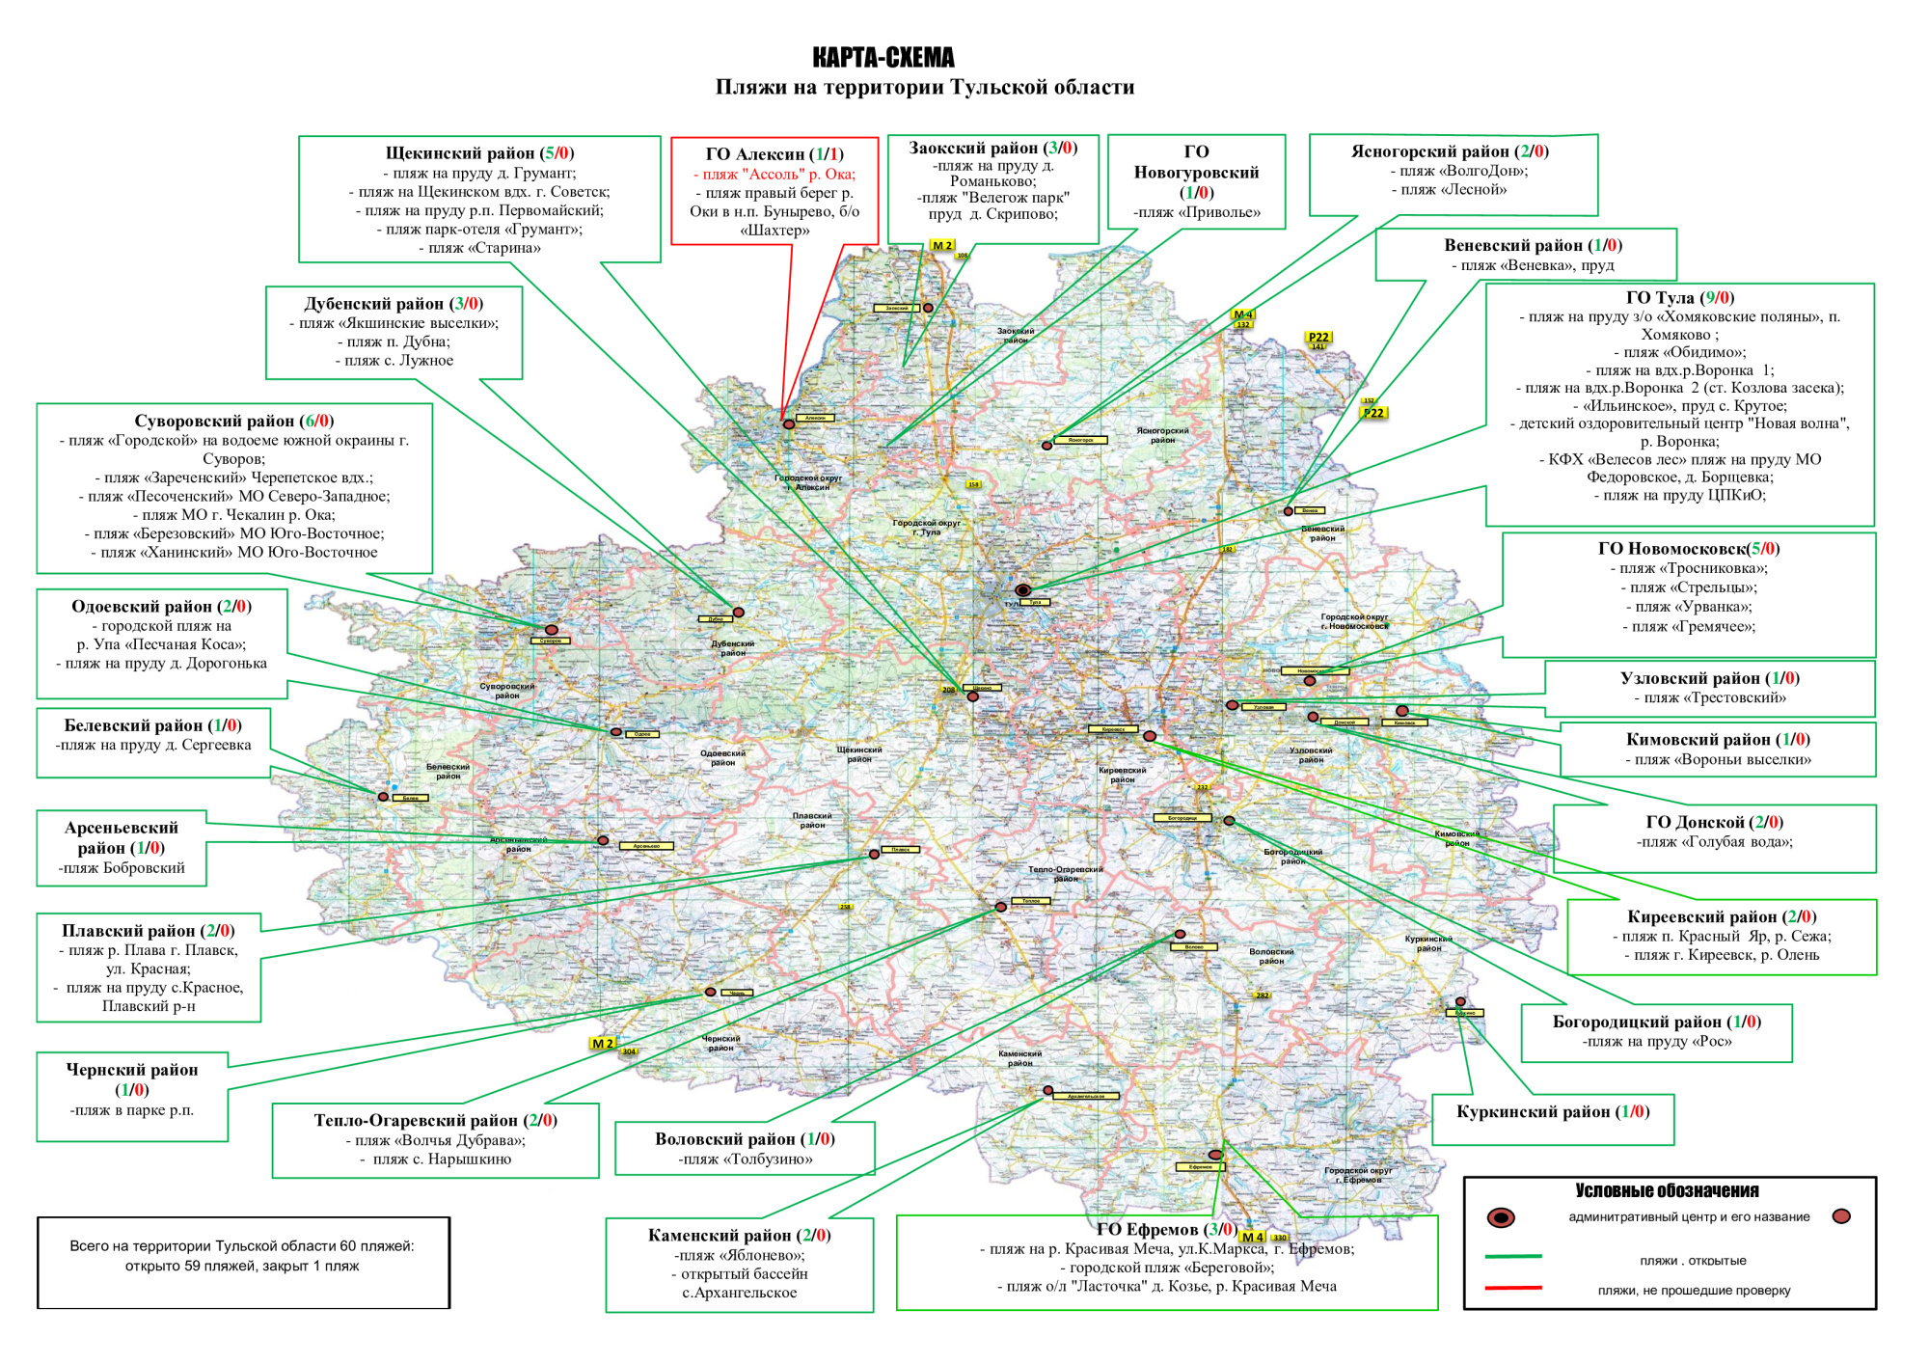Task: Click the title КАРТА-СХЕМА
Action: (883, 58)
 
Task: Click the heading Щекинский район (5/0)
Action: (479, 153)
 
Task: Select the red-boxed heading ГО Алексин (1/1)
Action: (774, 154)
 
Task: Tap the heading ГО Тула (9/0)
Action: (1679, 298)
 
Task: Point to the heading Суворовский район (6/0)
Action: (233, 421)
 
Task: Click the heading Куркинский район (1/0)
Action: (1552, 1111)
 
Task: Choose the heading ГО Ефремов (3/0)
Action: (1165, 1229)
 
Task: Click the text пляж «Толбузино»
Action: (745, 1159)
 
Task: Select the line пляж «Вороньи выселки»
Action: (1717, 759)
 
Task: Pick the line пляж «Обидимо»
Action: (1679, 352)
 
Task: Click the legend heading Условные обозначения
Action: (1667, 1191)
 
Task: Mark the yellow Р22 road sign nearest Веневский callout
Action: (1372, 413)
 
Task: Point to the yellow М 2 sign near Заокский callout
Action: (941, 246)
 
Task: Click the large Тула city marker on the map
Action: (1023, 589)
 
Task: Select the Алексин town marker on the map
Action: (788, 424)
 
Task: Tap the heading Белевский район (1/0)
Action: (152, 725)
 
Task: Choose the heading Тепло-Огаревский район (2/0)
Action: (435, 1120)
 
